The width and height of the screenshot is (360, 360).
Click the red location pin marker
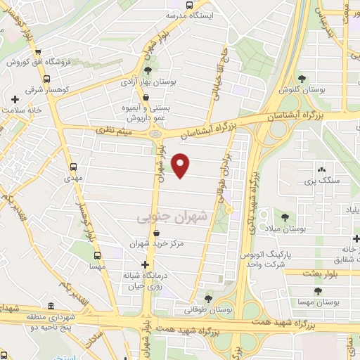(181, 165)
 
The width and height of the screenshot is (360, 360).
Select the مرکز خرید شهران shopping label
(157, 244)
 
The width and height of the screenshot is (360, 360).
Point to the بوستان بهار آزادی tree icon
(148, 70)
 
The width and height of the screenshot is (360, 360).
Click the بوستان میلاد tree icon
(285, 217)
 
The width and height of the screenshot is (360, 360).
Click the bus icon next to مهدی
(74, 167)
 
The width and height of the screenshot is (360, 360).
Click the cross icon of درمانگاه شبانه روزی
(145, 265)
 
